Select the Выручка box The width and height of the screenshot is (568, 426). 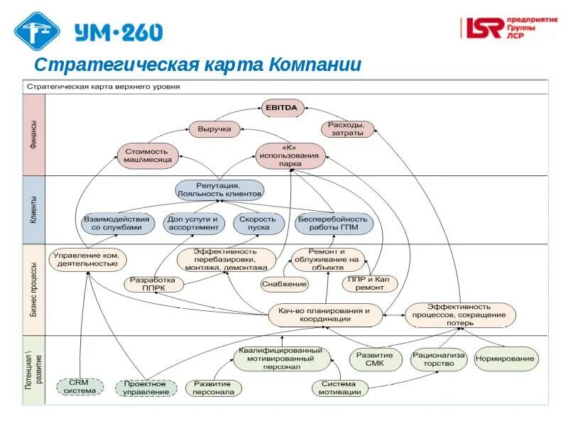pos(214,129)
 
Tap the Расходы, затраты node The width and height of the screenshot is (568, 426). pos(346,129)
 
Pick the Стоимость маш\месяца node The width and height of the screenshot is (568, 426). pos(146,155)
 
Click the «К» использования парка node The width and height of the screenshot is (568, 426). pos(290,155)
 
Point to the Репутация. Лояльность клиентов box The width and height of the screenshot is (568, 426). pos(219,190)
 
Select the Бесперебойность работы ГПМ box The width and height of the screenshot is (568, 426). pos(334,224)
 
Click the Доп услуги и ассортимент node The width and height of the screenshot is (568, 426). pos(194,224)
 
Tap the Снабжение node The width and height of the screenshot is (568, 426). pos(284,284)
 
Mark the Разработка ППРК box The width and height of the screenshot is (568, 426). pos(154,284)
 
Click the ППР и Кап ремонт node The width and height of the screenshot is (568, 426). pos(369,284)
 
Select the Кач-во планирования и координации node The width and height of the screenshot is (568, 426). pos(324,315)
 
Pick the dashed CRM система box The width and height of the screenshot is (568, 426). pos(80,386)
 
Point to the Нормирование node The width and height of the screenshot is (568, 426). pos(506,359)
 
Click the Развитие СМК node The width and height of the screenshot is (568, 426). pos(376,359)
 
